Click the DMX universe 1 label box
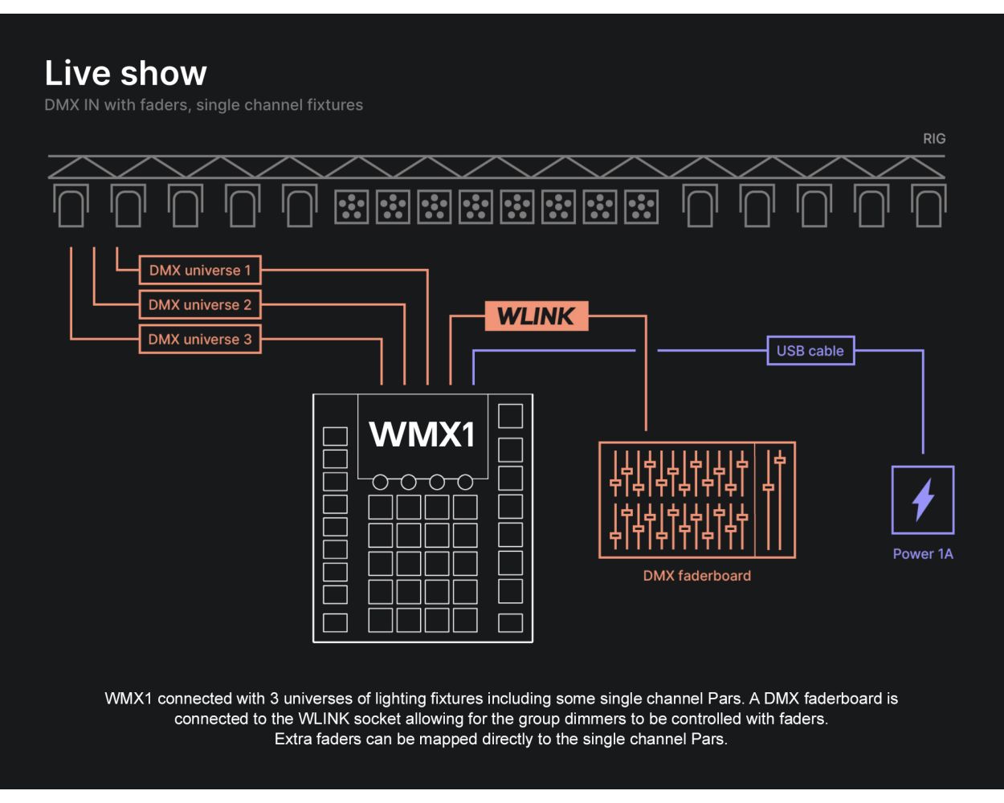(x=200, y=271)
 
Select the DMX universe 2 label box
(x=200, y=305)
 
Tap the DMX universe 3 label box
(x=200, y=340)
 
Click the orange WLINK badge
(x=537, y=316)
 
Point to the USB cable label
(x=810, y=351)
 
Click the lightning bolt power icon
(x=923, y=499)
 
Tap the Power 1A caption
(x=923, y=554)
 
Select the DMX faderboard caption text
(x=696, y=576)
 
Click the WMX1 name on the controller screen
(x=422, y=434)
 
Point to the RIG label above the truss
(x=934, y=139)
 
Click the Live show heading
(x=126, y=73)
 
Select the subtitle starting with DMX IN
(x=204, y=105)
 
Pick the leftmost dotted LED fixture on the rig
(x=351, y=206)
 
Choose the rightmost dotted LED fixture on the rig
(x=641, y=206)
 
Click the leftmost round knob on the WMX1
(x=381, y=483)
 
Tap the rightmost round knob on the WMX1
(x=465, y=483)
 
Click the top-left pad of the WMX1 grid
(x=381, y=507)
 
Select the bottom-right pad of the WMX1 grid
(x=465, y=620)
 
